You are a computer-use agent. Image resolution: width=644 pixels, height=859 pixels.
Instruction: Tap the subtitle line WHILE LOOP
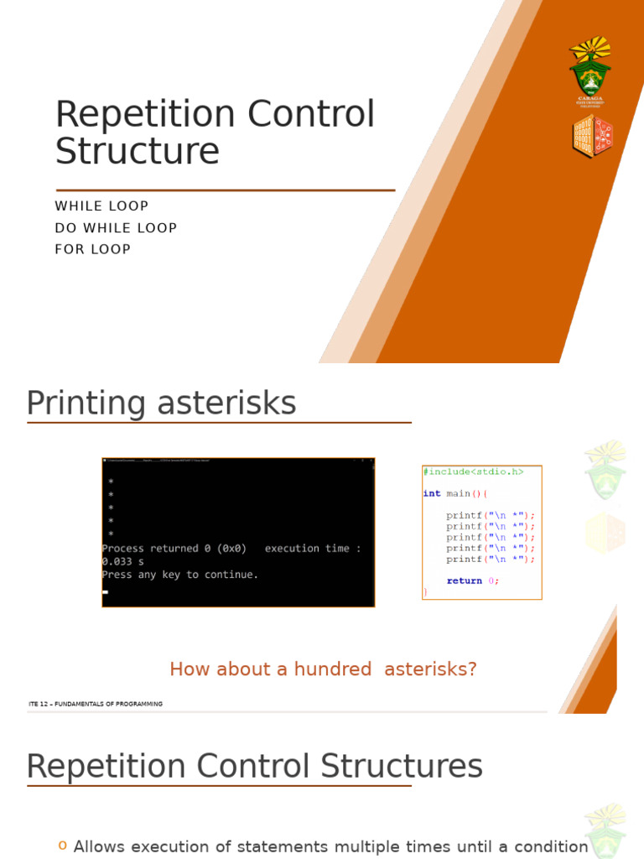point(101,206)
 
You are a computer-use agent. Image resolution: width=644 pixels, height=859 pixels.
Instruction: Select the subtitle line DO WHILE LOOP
point(116,228)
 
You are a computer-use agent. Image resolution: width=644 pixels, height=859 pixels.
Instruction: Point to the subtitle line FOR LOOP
point(92,249)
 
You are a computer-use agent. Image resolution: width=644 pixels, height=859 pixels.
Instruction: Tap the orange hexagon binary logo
point(592,137)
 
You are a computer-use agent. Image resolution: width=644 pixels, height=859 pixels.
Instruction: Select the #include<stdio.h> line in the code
point(473,472)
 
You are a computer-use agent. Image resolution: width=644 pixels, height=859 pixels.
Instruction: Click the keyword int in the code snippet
point(432,494)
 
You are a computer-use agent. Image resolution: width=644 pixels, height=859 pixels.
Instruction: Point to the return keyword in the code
point(464,580)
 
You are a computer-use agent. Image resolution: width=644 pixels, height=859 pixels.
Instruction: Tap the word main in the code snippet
point(458,494)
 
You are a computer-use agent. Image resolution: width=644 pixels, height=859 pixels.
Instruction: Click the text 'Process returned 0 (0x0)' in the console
point(174,549)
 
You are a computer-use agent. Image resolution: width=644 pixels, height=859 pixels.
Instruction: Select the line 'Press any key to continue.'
point(180,575)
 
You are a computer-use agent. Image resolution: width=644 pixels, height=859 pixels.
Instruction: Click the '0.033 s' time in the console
point(122,561)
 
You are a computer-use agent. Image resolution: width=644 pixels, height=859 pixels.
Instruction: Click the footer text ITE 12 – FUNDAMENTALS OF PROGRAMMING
point(95,704)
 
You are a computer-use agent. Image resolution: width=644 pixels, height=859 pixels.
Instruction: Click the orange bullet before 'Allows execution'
point(62,846)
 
